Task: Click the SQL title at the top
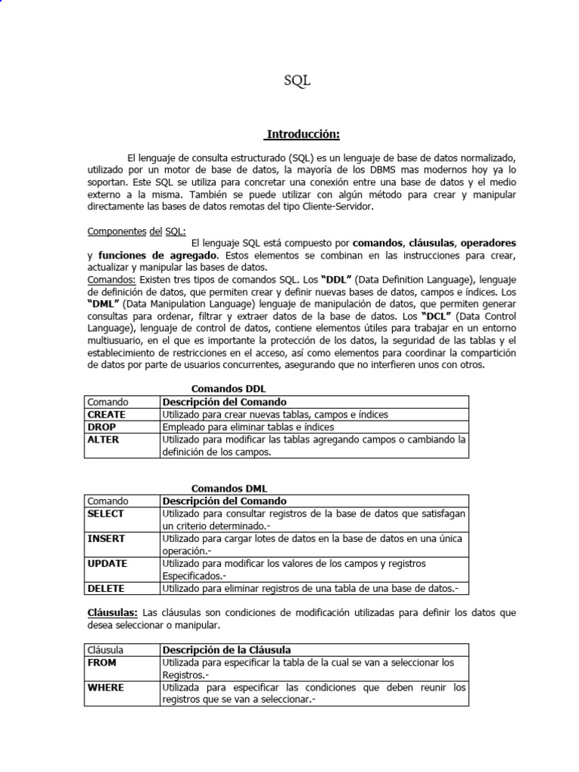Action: pos(297,81)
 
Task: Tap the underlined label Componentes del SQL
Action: pos(136,231)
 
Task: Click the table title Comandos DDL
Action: pos(228,388)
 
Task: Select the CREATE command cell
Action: pos(107,415)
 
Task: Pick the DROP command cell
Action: pos(102,427)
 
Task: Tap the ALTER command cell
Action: pos(103,439)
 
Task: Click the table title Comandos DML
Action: pos(228,488)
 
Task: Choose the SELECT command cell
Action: pos(106,513)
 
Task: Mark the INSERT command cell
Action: pos(106,538)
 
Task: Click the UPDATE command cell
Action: pos(107,563)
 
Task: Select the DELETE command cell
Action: pos(106,588)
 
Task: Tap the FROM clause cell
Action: pos(103,662)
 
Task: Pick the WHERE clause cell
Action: pos(106,688)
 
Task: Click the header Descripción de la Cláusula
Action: pos(227,649)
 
